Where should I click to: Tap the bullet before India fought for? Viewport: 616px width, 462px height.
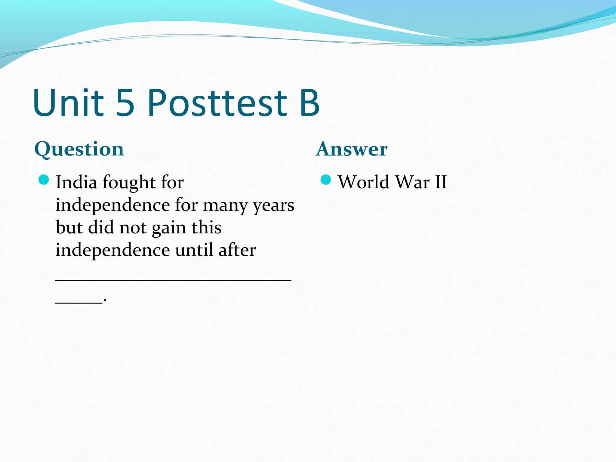coord(44,180)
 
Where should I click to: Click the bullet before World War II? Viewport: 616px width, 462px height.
coord(326,180)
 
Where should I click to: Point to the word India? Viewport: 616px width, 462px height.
coord(76,182)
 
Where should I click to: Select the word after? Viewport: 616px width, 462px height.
coord(237,250)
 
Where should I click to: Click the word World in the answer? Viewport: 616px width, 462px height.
coord(364,182)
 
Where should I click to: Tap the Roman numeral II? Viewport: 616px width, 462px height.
coord(441,182)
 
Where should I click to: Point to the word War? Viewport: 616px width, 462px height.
coord(412,182)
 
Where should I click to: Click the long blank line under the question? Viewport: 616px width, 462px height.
coord(173,280)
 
